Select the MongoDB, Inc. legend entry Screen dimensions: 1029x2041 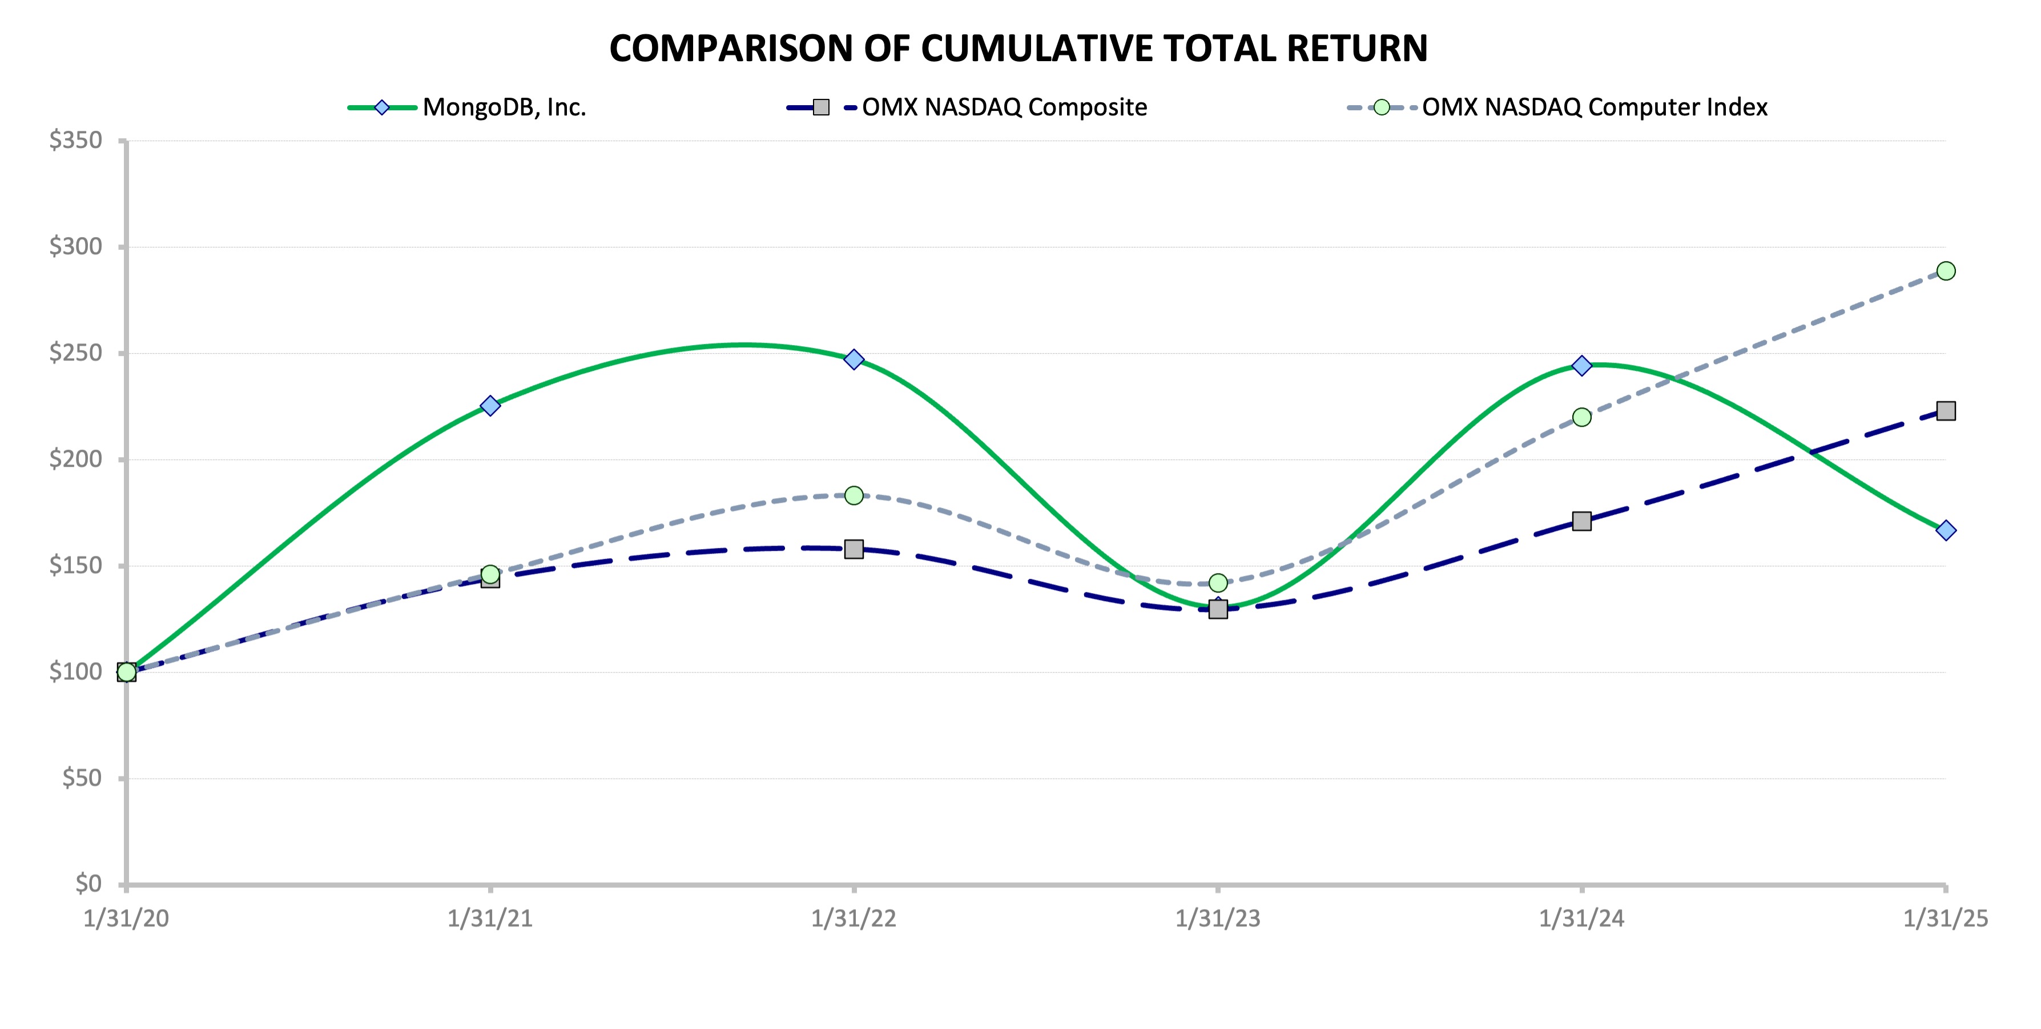click(504, 107)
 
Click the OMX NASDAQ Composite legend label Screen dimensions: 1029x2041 click(1004, 107)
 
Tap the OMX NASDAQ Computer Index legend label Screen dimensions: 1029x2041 click(1594, 107)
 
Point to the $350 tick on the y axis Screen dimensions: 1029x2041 click(76, 141)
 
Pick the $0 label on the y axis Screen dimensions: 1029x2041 click(88, 883)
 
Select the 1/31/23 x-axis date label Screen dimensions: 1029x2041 click(1218, 919)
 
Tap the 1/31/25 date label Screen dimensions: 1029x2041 click(1946, 919)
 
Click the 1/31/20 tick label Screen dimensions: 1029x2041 click(126, 919)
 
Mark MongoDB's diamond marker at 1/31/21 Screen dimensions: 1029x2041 click(490, 406)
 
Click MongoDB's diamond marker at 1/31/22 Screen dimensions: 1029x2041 click(854, 359)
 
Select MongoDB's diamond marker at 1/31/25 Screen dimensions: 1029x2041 click(1946, 530)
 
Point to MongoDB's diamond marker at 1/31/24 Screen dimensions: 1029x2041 click(1581, 366)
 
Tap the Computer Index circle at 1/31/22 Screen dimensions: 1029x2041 click(854, 495)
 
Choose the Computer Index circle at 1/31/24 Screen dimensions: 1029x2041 click(1581, 417)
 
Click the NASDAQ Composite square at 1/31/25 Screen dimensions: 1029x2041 click(1946, 411)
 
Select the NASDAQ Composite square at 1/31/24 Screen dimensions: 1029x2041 click(1581, 521)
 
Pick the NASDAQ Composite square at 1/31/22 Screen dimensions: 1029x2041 click(854, 548)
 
